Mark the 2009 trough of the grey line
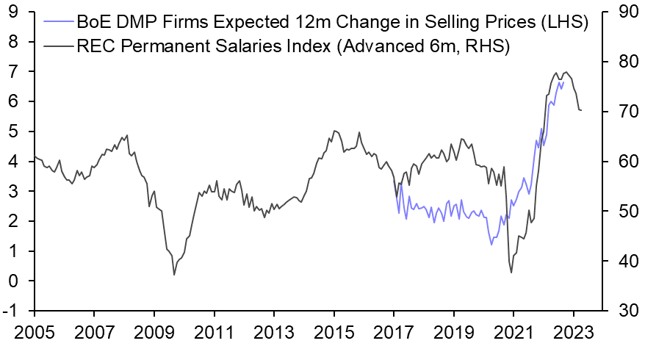tap(174, 275)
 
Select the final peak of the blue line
tap(559, 82)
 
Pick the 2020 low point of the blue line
tap(491, 244)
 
